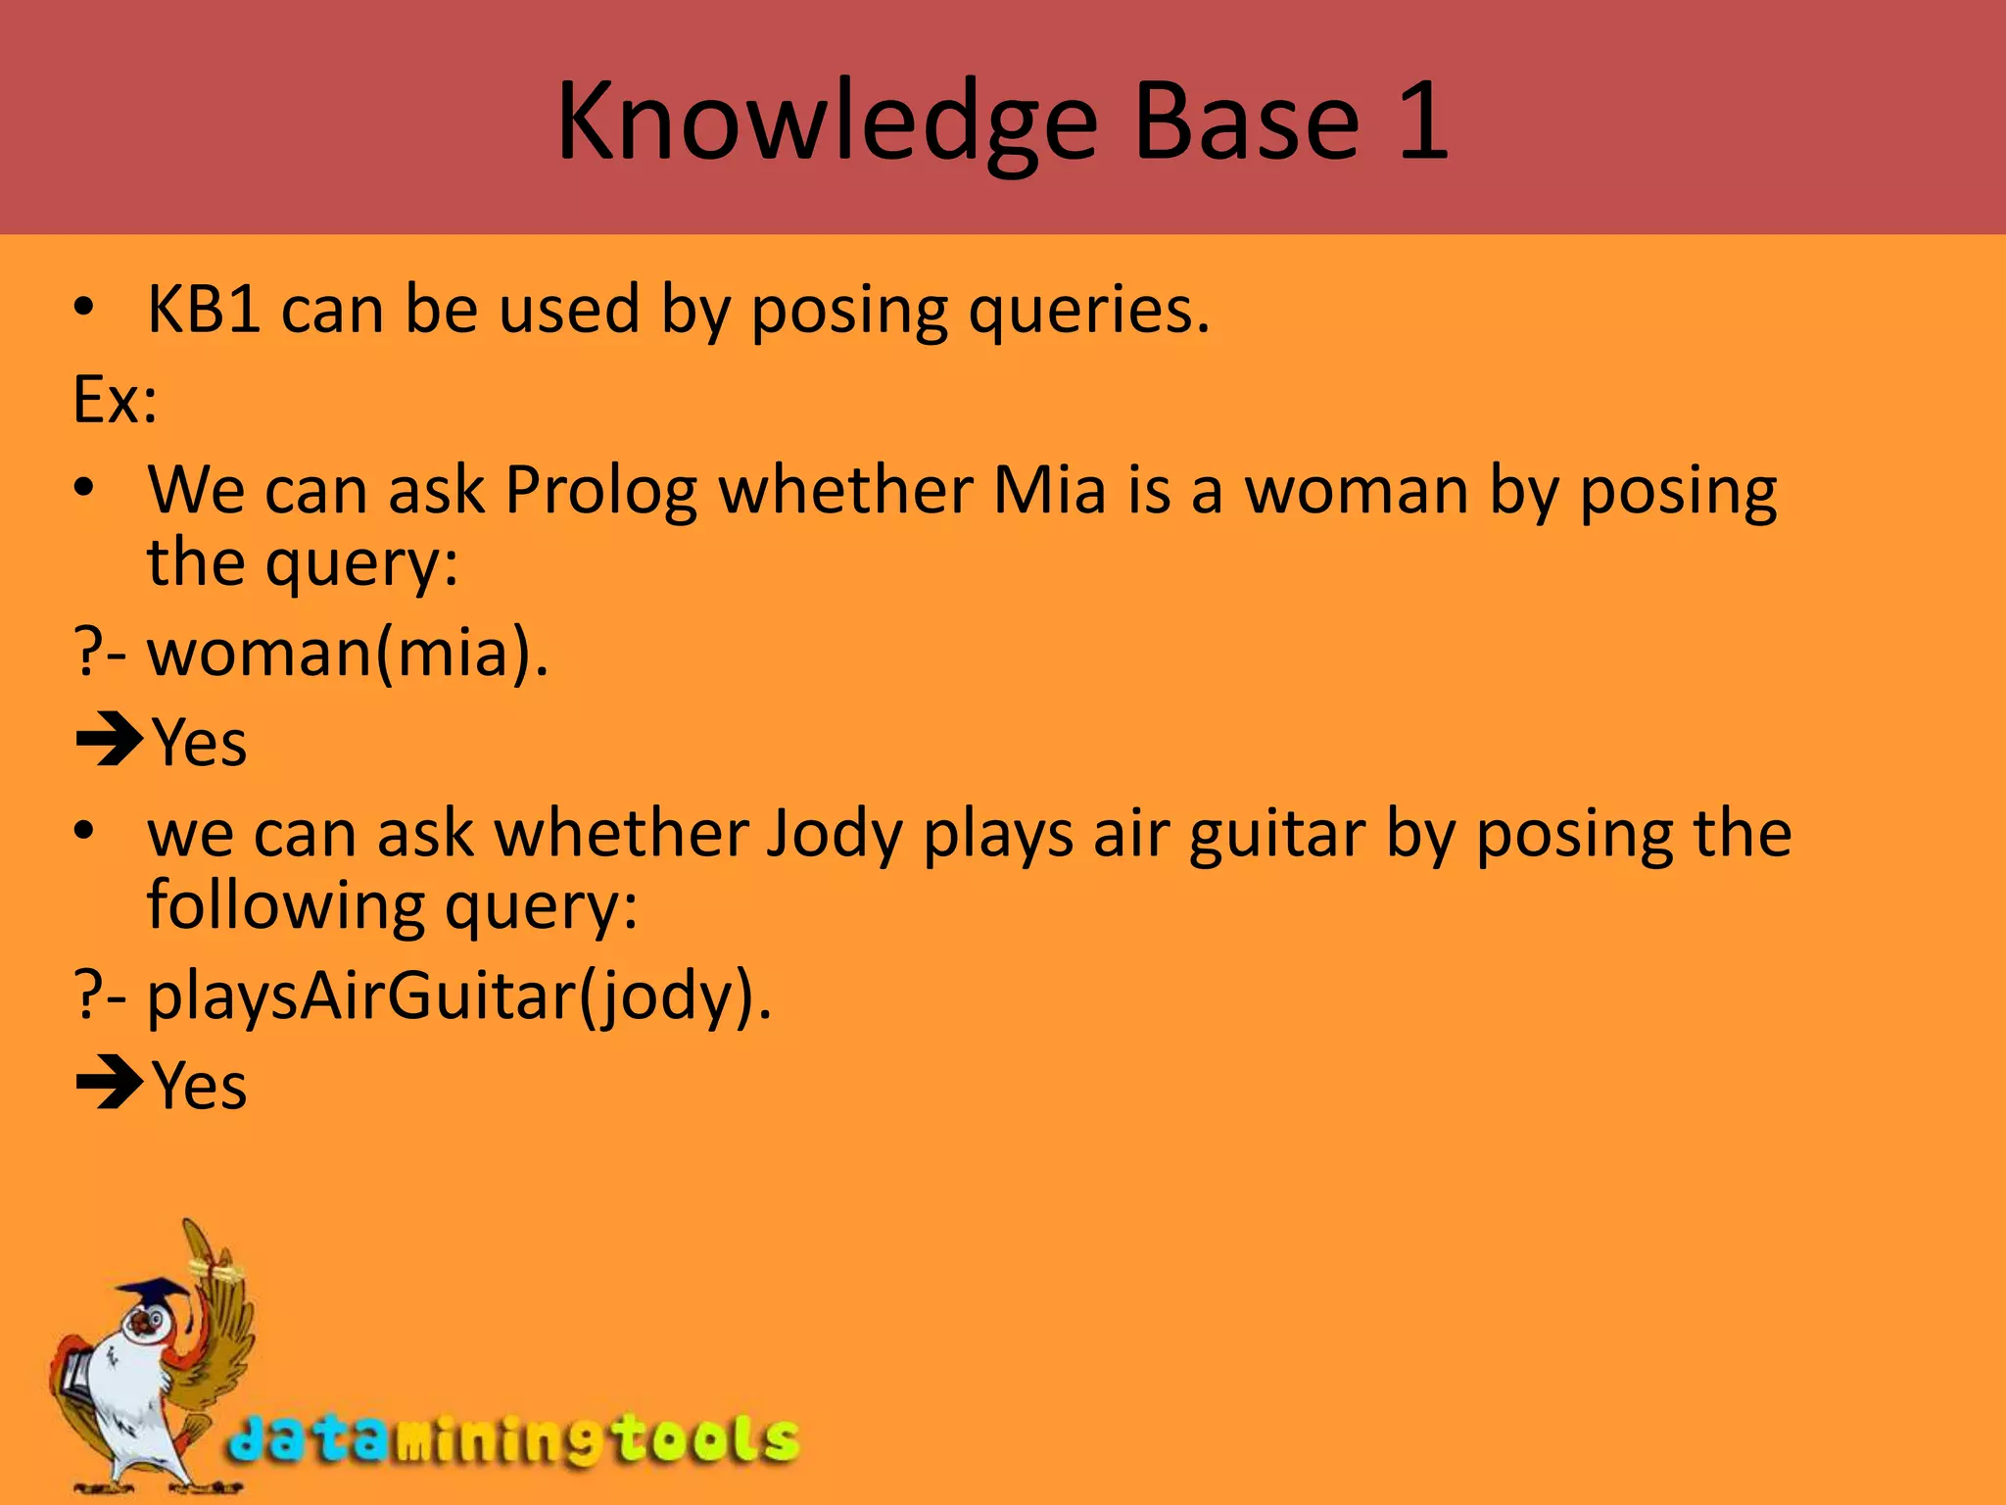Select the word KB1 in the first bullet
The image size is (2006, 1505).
(204, 310)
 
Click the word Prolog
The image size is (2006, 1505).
(599, 490)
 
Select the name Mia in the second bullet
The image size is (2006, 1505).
(1049, 489)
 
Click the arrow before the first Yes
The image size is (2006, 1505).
(109, 743)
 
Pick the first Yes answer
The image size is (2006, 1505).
(199, 743)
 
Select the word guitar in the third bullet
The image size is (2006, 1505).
(1276, 835)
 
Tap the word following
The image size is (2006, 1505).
(285, 906)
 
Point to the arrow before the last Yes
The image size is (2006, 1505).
(109, 1086)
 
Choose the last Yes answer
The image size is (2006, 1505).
(199, 1086)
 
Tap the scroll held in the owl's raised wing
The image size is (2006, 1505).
(217, 1272)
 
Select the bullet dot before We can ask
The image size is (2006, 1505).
(85, 487)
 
